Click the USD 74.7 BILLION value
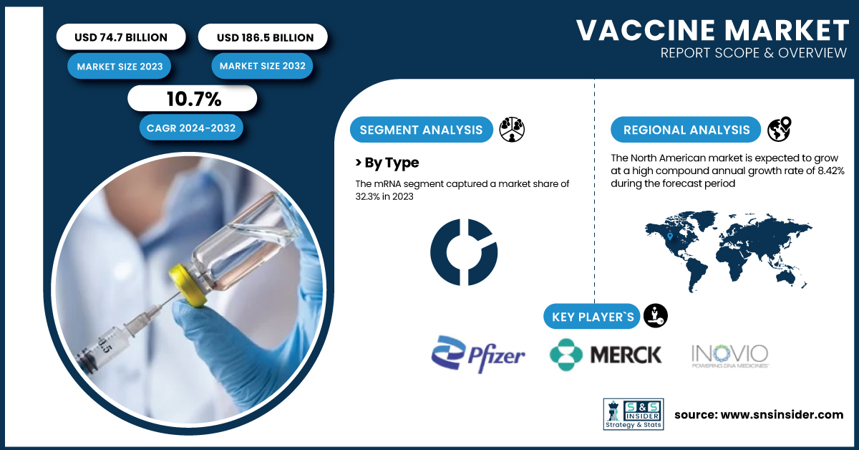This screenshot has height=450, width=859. click(121, 37)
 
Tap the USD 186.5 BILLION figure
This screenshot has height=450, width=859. click(265, 38)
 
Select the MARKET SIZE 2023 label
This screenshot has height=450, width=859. click(120, 67)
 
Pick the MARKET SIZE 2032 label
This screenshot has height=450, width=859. click(262, 66)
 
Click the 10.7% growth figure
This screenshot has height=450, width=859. click(194, 99)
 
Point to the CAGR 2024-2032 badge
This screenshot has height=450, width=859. click(191, 128)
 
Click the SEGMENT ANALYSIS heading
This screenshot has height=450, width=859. click(421, 130)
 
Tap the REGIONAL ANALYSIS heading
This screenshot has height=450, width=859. click(686, 130)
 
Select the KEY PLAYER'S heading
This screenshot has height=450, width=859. click(592, 317)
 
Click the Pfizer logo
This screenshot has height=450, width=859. click(478, 354)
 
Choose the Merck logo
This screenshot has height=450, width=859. click(606, 355)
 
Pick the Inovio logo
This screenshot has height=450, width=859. click(729, 356)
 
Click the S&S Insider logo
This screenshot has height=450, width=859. click(634, 414)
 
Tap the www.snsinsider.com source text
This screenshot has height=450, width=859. click(782, 415)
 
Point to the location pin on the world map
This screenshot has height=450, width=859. click(670, 236)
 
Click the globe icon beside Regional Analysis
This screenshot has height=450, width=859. click(780, 129)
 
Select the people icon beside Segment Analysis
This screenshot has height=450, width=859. click(512, 130)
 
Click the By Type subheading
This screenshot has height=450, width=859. click(387, 163)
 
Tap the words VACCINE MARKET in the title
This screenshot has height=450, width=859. click(712, 30)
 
